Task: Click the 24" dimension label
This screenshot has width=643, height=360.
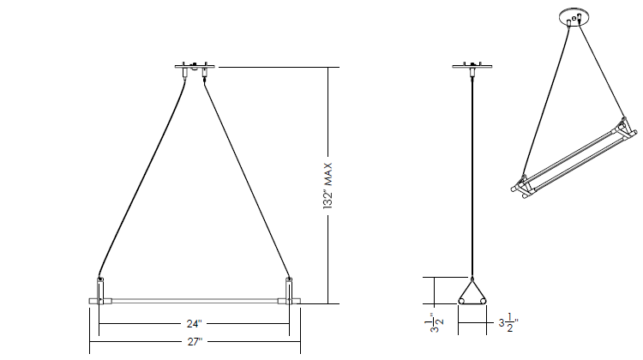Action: (195, 323)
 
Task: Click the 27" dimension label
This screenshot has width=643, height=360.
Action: (195, 341)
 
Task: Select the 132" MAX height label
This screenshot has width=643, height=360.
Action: (328, 186)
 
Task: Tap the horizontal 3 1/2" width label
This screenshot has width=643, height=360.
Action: (508, 322)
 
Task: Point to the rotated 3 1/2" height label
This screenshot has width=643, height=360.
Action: (435, 323)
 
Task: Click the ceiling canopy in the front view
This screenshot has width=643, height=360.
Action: (195, 66)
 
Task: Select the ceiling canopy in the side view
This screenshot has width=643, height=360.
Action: (472, 66)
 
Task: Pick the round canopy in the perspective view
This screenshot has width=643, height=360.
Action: (574, 15)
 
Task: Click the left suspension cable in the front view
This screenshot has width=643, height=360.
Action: (142, 177)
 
